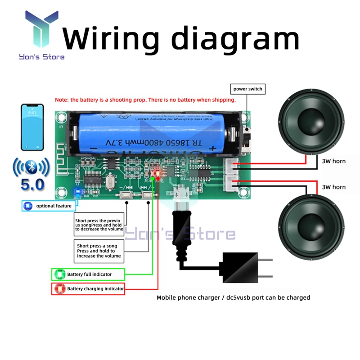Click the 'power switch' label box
tap(247, 89)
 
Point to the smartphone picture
tap(32, 128)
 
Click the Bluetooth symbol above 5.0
tap(32, 168)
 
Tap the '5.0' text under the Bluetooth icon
tap(32, 185)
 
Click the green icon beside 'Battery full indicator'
tap(59, 274)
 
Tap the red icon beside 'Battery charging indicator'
tap(59, 289)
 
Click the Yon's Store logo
tap(41, 36)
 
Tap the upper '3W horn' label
tap(334, 161)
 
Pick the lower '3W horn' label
tap(334, 186)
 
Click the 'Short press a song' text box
tap(99, 251)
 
